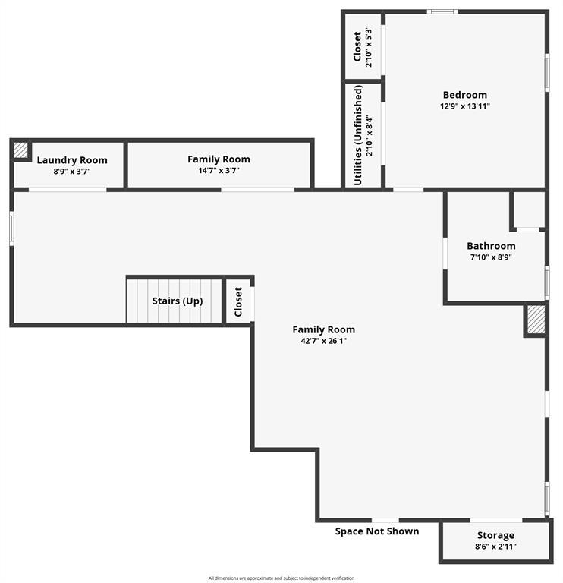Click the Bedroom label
[x=464, y=95]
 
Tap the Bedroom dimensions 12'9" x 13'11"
[x=465, y=106]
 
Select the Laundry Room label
[x=72, y=160]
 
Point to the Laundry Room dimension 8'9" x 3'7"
[x=72, y=172]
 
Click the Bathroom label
[x=491, y=246]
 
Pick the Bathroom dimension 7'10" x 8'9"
[x=491, y=257]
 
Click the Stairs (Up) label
[x=178, y=301]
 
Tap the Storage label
[x=495, y=535]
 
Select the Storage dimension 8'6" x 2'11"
[x=495, y=547]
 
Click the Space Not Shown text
[x=377, y=531]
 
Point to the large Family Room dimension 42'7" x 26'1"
[x=324, y=341]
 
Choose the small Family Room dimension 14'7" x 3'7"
[x=219, y=171]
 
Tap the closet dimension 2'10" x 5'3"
[x=368, y=46]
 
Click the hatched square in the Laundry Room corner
[x=20, y=150]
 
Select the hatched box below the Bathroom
[x=536, y=320]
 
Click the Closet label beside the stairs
[x=238, y=301]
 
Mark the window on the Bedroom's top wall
[x=442, y=11]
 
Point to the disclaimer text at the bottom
[x=281, y=578]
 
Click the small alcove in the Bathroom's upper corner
[x=529, y=210]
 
